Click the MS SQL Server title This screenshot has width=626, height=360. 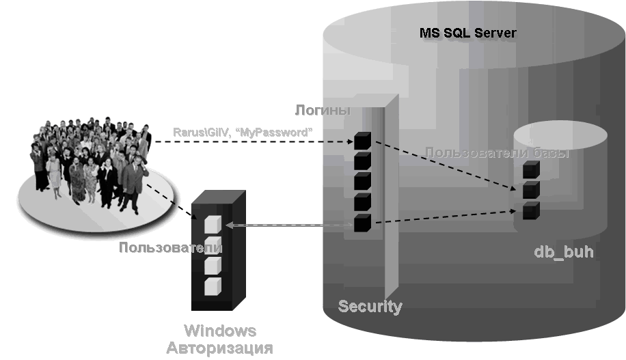point(468,33)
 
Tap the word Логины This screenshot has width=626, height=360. point(323,110)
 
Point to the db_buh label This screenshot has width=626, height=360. point(563,252)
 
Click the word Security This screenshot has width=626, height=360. point(370,306)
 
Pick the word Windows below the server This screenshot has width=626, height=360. point(221,331)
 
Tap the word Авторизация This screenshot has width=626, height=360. point(220,348)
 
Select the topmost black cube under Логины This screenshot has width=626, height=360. point(362,141)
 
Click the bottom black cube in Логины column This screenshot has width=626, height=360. point(362,223)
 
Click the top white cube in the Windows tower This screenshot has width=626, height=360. point(213,224)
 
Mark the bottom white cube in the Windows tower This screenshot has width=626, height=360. point(213,286)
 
